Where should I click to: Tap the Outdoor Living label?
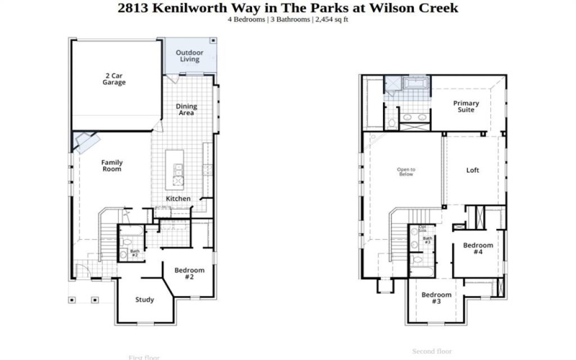tap(190, 56)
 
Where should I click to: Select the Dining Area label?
tap(186, 109)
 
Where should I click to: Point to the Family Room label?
tap(111, 166)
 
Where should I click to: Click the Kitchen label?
tap(178, 199)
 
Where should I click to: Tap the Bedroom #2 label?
tap(189, 274)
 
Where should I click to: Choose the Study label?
tap(145, 300)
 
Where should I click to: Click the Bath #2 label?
tap(135, 253)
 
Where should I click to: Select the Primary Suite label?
tap(466, 107)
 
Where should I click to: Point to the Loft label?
tap(472, 171)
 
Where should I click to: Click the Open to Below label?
tap(406, 171)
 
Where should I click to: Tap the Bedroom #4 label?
tap(477, 249)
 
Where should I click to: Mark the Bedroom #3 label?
tap(436, 298)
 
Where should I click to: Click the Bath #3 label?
tap(427, 240)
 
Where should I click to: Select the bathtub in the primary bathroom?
tap(415, 85)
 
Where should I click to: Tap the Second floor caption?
tap(431, 351)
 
